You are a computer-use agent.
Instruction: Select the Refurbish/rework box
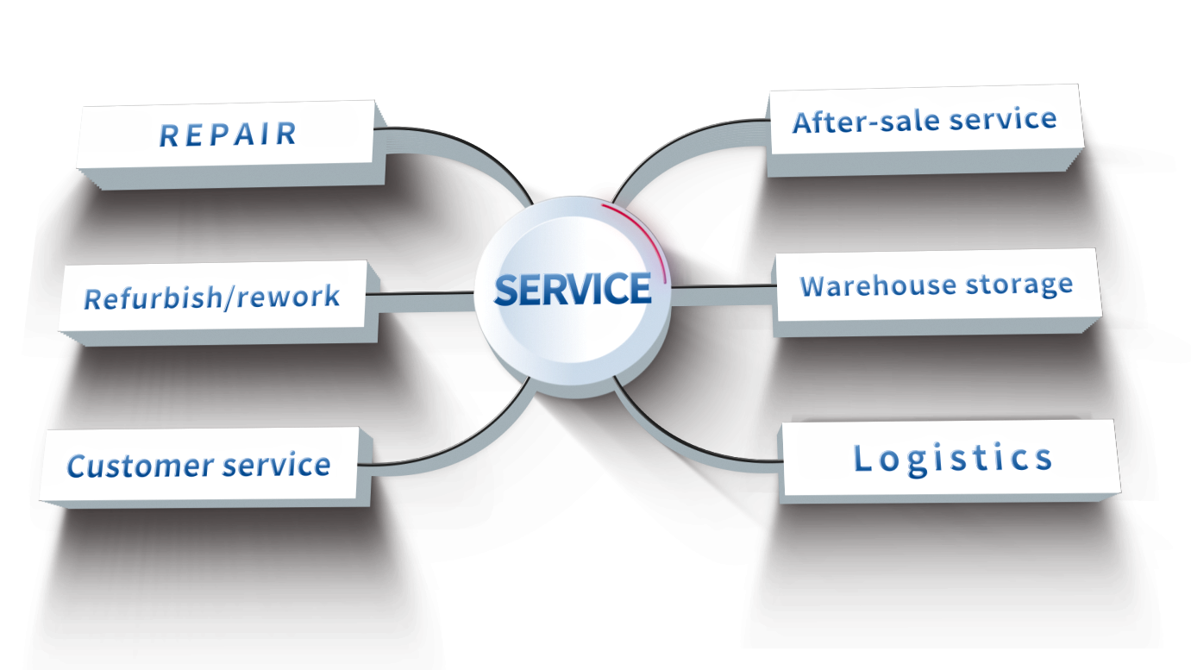point(213,297)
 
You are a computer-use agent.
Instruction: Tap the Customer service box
point(198,466)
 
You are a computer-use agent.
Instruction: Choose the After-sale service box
point(924,121)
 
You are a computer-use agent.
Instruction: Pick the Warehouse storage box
point(936,285)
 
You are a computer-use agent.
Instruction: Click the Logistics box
point(951,458)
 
